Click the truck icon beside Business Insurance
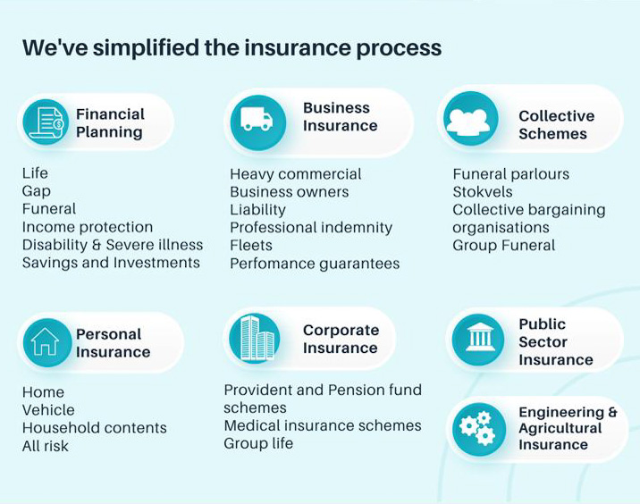(257, 120)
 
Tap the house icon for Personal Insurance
(46, 342)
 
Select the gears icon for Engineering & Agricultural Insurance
(477, 428)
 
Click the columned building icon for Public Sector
(480, 338)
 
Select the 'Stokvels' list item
(483, 192)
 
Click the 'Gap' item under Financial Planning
(37, 191)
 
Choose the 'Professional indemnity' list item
(311, 227)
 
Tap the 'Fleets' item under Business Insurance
(251, 245)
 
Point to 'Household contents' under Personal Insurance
(95, 428)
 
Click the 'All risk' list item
(46, 446)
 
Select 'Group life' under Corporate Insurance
(258, 443)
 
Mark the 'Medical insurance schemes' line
(323, 425)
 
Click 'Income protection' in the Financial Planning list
(88, 227)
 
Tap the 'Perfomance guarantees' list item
(315, 264)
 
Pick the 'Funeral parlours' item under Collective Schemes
(511, 174)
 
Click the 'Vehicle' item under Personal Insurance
(48, 410)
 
